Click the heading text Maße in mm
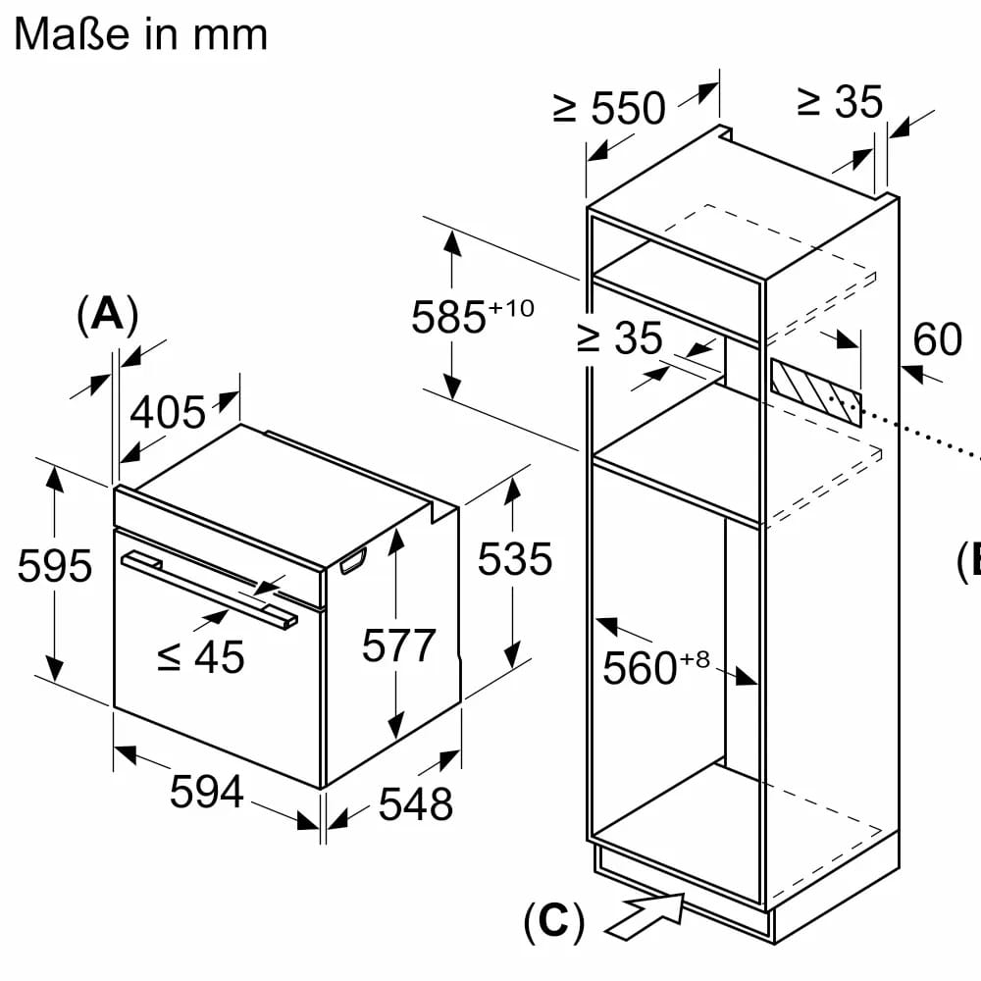140,34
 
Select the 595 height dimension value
55,567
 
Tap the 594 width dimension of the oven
206,791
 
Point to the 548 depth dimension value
416,803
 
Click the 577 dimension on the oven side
398,645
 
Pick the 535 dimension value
515,559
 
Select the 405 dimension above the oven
168,413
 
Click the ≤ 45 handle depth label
201,657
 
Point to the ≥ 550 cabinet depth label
609,108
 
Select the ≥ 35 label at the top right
840,101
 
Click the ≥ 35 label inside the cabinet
620,339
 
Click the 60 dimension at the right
937,339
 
